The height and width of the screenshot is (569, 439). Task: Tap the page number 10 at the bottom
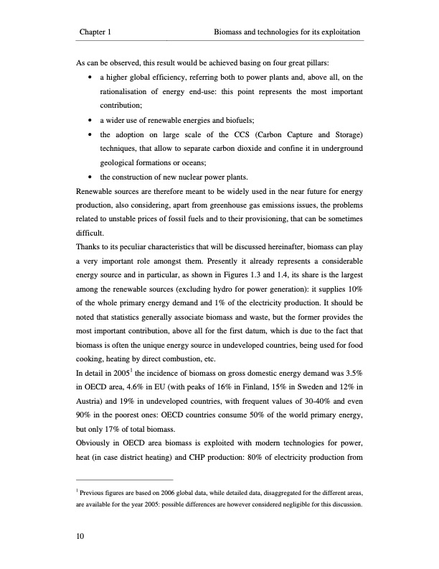click(x=80, y=535)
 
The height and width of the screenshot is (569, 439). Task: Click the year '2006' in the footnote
click(x=162, y=492)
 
